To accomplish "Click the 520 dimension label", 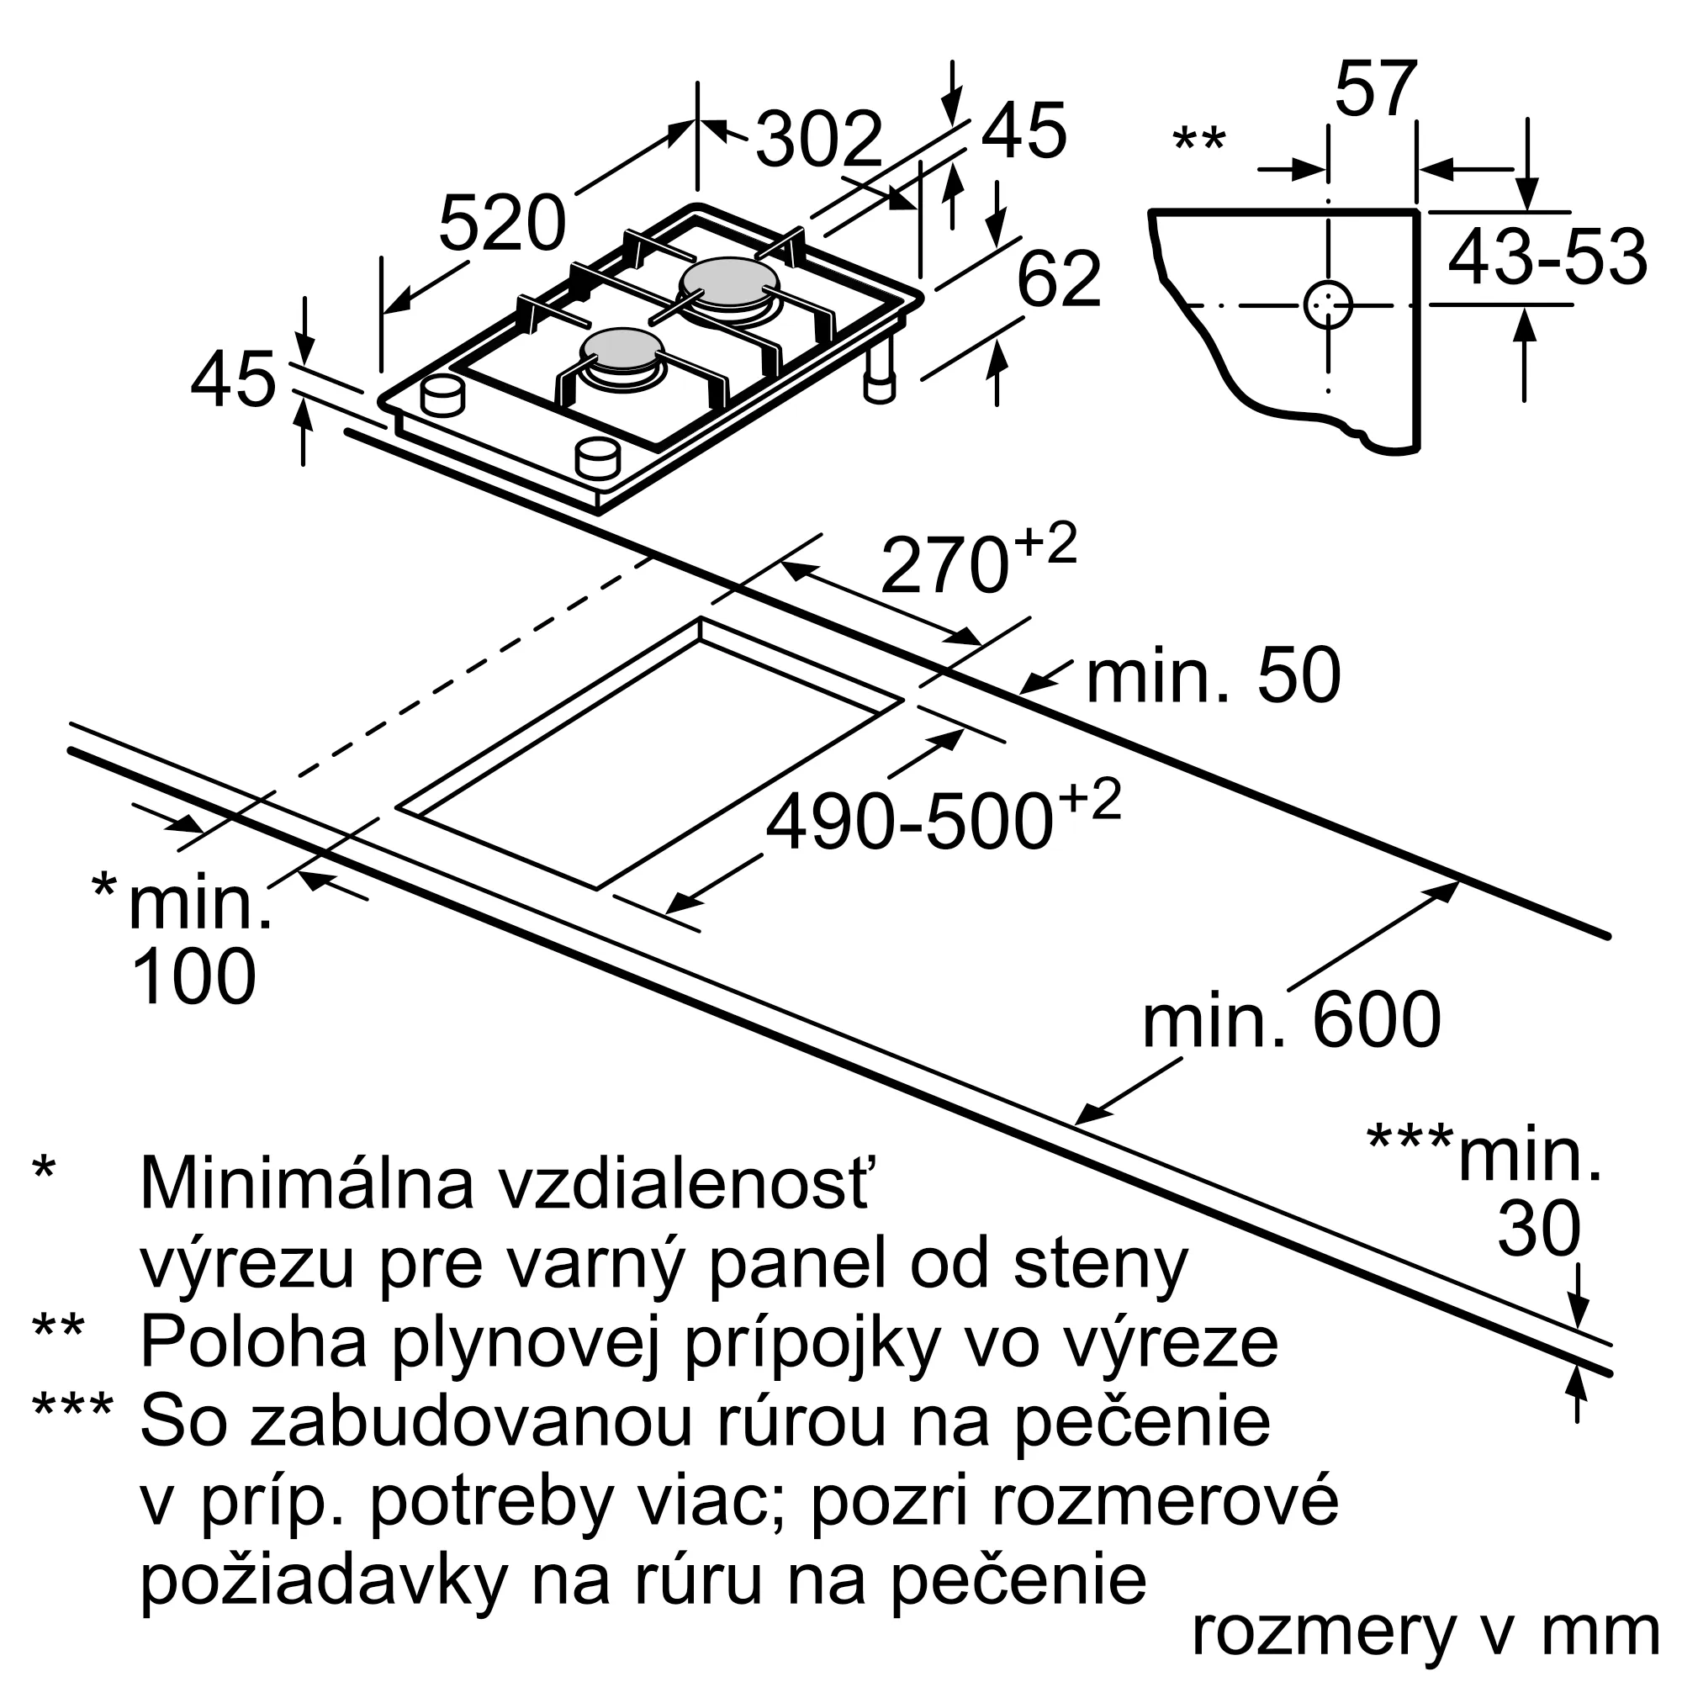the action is click(x=502, y=224).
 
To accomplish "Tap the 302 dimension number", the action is click(x=819, y=140).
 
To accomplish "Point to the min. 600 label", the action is click(x=1292, y=1019).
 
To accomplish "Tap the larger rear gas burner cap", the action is click(x=729, y=282).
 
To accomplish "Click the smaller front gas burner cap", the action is click(x=623, y=351).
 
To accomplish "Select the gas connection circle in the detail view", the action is click(x=1328, y=304).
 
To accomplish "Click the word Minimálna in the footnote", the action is click(x=306, y=1184).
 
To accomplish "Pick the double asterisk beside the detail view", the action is click(x=1200, y=140).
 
